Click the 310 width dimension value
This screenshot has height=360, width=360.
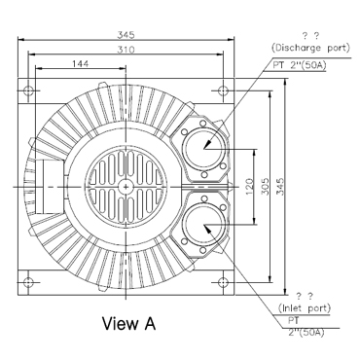pos(126,50)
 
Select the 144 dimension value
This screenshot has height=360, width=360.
pos(80,63)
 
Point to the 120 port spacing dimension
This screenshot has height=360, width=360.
pos(249,187)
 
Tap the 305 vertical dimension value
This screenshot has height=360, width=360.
pos(265,186)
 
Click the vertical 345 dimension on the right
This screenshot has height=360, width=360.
pos(280,186)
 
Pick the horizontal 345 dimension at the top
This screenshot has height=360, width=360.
pos(126,35)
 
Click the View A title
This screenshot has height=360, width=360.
pos(128,323)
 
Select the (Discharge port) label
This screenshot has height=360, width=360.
pos(310,48)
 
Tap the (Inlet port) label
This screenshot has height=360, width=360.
pos(305,307)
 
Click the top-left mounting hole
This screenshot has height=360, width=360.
pos(28,90)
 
